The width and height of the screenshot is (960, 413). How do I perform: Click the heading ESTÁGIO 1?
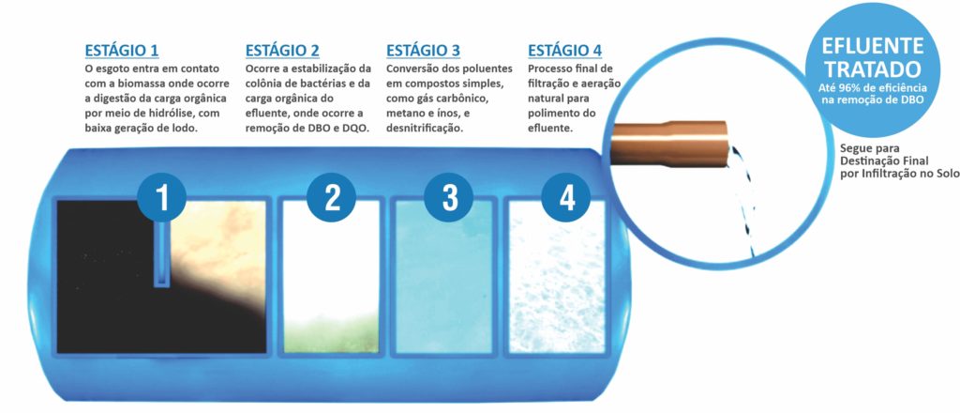coord(122,50)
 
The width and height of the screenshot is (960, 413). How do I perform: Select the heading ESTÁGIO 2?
coord(282,50)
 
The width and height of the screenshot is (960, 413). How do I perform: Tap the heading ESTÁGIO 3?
coord(424,50)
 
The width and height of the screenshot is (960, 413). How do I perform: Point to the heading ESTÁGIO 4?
coord(564,50)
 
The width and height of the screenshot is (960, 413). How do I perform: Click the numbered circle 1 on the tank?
coord(162,196)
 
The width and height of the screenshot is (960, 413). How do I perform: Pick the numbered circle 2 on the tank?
coord(332,196)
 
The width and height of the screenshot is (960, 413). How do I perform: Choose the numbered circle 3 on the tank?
coord(450,196)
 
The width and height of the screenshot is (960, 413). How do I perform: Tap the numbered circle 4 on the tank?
coord(566,196)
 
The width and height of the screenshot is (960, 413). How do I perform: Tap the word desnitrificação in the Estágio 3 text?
coord(425,127)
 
